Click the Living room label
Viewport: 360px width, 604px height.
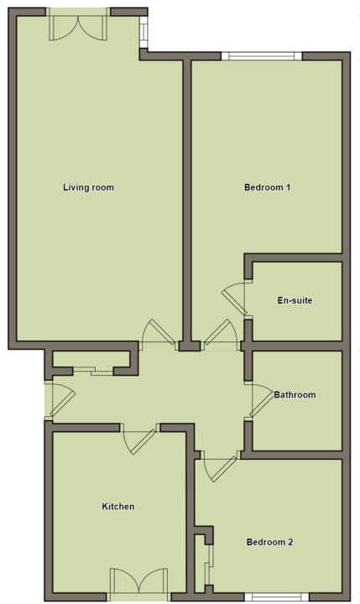pos(88,188)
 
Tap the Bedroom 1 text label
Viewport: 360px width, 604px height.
pos(267,188)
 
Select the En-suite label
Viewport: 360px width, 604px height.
pos(295,300)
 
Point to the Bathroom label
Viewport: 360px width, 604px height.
pos(295,395)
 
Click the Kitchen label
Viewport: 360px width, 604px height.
pos(118,507)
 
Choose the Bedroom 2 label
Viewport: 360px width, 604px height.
pos(270,543)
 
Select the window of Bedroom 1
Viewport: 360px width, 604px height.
pos(262,56)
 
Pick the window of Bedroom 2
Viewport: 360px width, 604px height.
pos(277,596)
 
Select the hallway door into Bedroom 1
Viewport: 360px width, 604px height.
pos(221,334)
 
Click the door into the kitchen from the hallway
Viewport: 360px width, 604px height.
pos(139,439)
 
